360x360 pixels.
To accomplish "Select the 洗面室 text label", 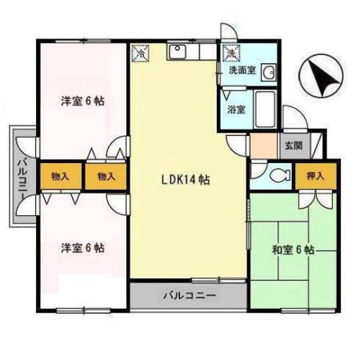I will [242, 70].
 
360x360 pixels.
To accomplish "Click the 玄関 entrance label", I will [292, 146].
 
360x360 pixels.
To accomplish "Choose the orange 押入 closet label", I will [314, 174].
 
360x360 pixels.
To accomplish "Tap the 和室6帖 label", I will [291, 250].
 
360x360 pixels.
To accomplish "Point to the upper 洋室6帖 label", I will [84, 102].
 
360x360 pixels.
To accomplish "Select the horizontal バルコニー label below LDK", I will [189, 295].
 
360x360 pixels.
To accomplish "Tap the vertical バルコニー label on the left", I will [20, 178].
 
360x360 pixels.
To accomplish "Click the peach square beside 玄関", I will [262, 146].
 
